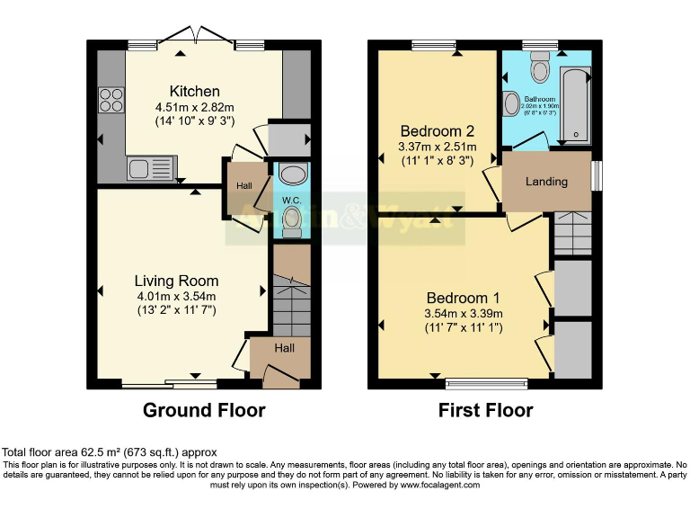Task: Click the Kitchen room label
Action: tap(195, 91)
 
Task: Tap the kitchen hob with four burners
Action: tap(112, 98)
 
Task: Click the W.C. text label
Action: tap(290, 200)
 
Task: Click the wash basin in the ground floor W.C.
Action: tap(291, 173)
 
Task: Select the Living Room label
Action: tap(176, 281)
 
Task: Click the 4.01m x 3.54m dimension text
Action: tap(176, 296)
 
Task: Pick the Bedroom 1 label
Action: tap(463, 298)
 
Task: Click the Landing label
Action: tap(546, 182)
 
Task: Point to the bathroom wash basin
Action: tap(512, 105)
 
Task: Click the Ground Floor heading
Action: tap(204, 411)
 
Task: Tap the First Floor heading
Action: tap(485, 411)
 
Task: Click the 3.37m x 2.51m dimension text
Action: tap(438, 147)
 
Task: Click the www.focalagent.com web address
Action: tap(435, 485)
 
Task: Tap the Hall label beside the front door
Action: tap(283, 348)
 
